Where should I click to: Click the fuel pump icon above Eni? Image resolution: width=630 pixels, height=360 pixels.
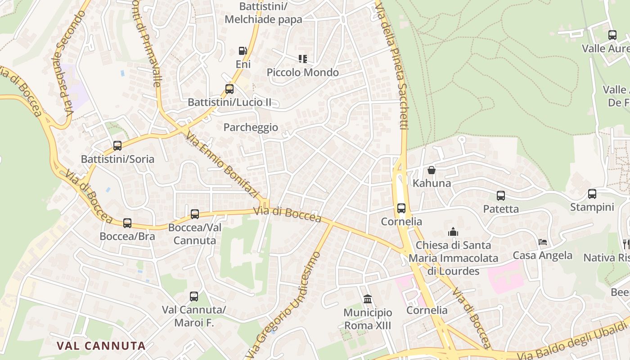click(x=243, y=51)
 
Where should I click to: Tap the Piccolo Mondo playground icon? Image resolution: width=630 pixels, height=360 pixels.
click(x=303, y=58)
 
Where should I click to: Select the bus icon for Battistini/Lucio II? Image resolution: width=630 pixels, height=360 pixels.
click(x=229, y=89)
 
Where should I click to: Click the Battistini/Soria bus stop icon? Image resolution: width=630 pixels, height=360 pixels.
click(x=117, y=145)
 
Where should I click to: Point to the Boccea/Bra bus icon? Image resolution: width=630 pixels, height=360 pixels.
click(x=127, y=223)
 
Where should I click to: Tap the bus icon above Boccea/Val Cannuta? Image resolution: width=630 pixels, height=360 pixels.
click(x=195, y=214)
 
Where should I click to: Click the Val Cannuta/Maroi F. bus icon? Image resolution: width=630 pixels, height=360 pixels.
click(x=194, y=296)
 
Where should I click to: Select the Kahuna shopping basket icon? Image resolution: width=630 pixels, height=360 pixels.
click(x=431, y=170)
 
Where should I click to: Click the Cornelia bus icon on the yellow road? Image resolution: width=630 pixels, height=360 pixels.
click(x=401, y=208)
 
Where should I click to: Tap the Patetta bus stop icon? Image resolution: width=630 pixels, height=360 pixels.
click(x=501, y=195)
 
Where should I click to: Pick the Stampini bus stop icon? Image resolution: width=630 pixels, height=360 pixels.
click(x=592, y=193)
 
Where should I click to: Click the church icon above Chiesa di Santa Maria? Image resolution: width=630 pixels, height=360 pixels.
click(x=453, y=232)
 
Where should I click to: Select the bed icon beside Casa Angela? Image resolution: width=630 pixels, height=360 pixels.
click(x=543, y=242)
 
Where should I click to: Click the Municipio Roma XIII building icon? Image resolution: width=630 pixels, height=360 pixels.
click(x=368, y=299)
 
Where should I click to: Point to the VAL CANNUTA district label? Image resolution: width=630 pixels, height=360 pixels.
click(x=101, y=346)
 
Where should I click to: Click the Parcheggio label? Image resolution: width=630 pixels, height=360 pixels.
click(x=251, y=127)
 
